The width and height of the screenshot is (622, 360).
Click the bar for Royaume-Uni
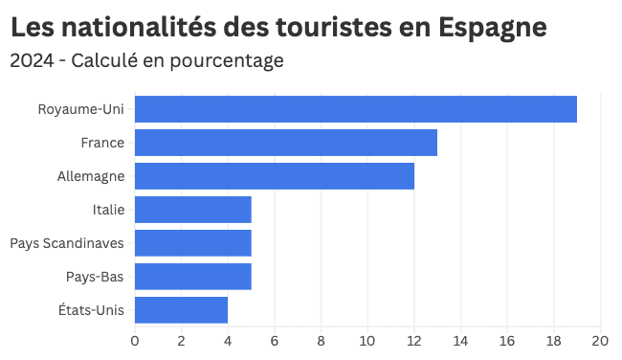click(355, 109)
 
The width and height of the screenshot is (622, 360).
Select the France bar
click(285, 143)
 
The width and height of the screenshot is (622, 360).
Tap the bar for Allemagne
click(274, 176)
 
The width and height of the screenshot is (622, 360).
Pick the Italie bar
click(192, 210)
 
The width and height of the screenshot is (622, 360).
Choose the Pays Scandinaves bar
click(192, 243)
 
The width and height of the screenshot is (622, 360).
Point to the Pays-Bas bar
click(192, 277)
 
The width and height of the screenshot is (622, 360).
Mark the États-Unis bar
click(181, 310)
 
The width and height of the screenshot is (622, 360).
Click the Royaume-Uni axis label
click(81, 109)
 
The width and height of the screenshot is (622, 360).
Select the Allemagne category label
click(91, 176)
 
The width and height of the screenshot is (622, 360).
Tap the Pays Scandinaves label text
click(67, 243)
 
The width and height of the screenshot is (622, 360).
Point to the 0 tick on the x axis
click(135, 340)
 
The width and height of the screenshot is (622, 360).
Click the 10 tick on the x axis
click(367, 340)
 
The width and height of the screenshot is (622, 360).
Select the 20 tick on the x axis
click(600, 340)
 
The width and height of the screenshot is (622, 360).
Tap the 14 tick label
click(460, 340)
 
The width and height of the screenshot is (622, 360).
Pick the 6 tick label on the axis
click(275, 340)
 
